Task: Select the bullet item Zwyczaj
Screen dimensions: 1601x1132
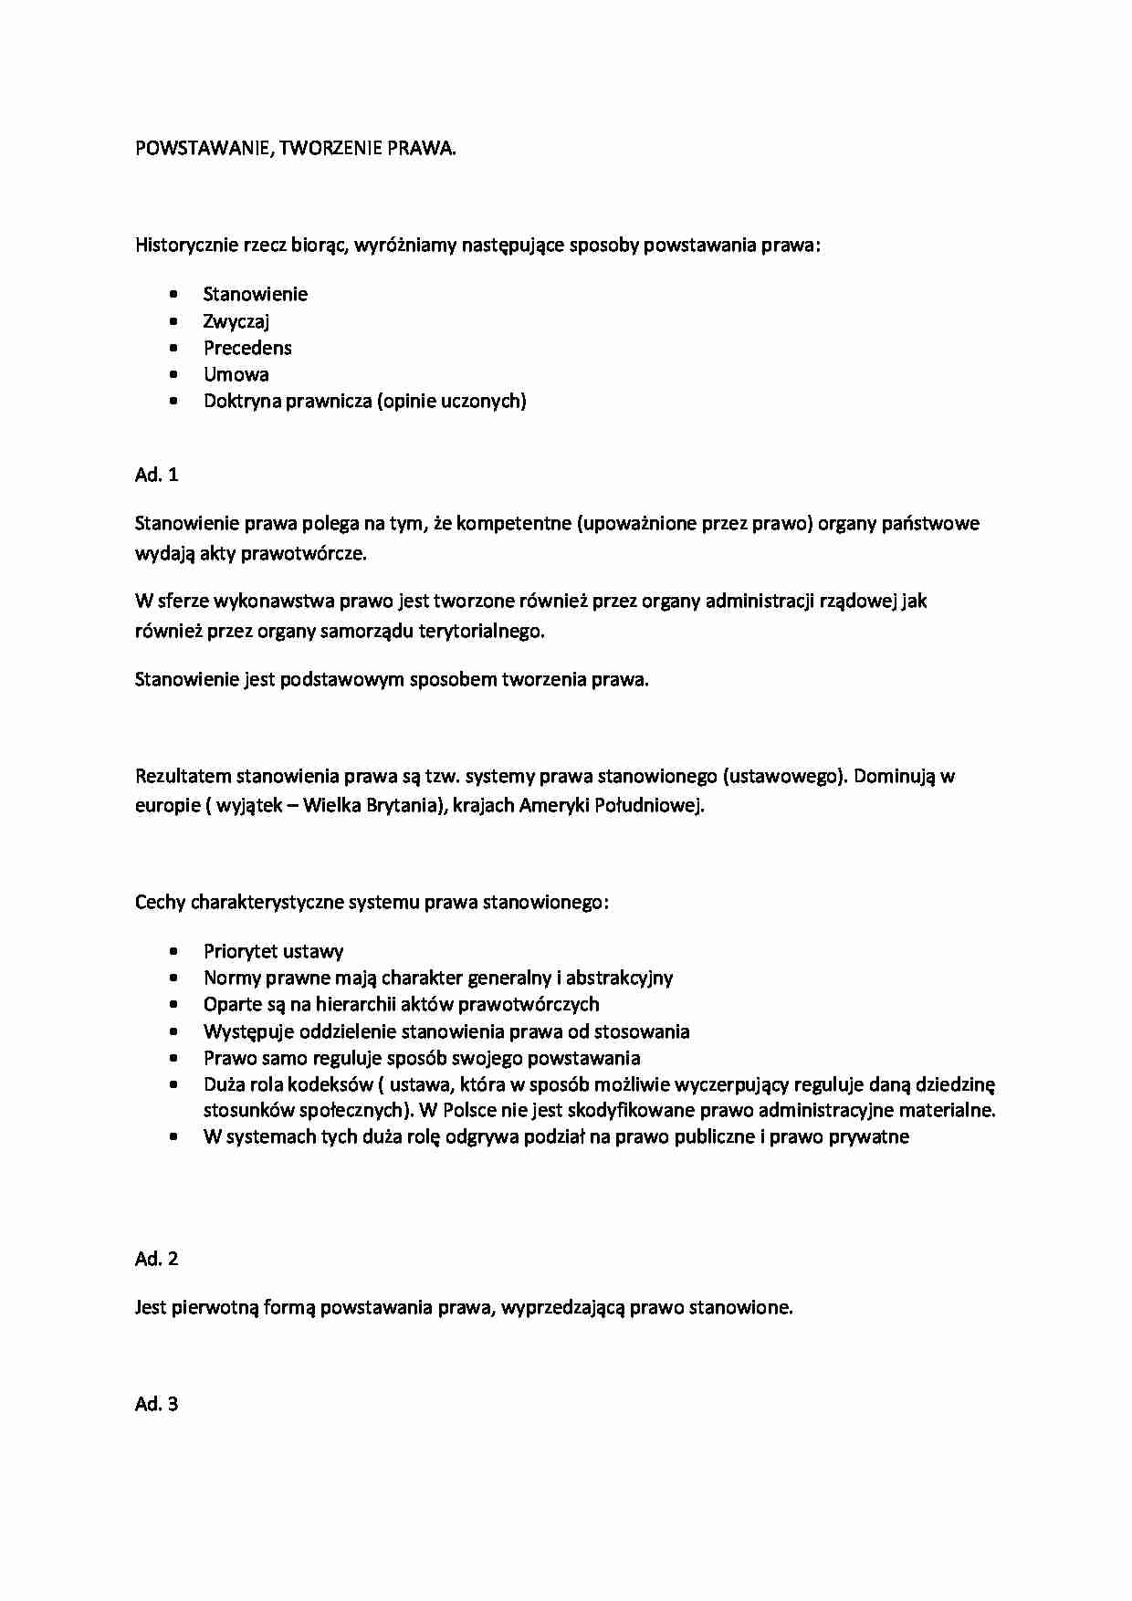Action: [x=236, y=321]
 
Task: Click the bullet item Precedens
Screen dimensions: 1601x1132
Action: [x=247, y=348]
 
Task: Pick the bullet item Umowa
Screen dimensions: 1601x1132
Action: [x=236, y=374]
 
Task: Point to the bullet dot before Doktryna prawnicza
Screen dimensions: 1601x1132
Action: [x=174, y=401]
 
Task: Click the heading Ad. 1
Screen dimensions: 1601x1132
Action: [x=157, y=474]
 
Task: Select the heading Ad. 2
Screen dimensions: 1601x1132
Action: [x=157, y=1259]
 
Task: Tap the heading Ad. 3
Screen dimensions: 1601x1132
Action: [x=157, y=1404]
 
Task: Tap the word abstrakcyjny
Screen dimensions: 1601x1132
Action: [x=619, y=978]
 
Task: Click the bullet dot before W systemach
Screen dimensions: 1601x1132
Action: [x=174, y=1136]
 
